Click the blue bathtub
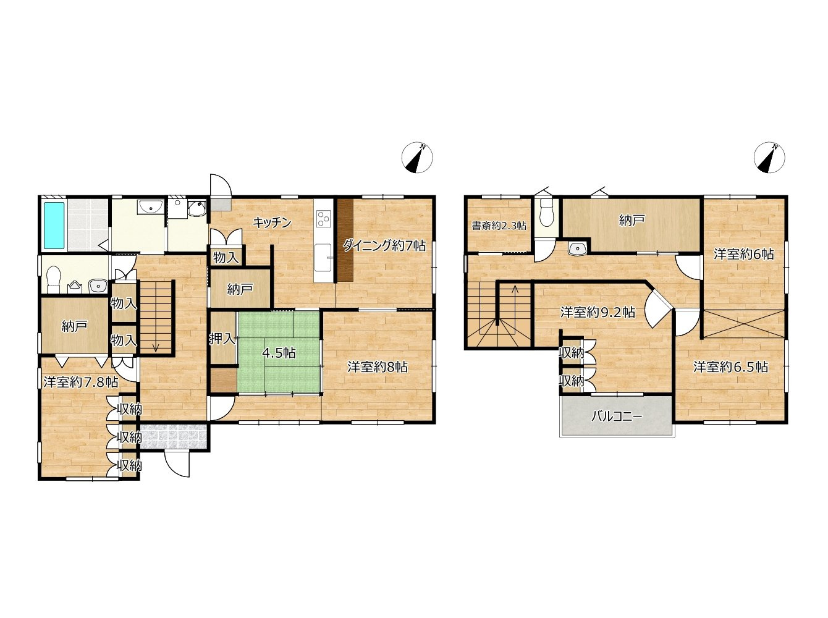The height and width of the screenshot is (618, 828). pos(54,225)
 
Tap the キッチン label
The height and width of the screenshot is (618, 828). pos(272,222)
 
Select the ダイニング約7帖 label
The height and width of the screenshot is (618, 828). pos(384,246)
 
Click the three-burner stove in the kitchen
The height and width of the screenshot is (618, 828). pos(323,218)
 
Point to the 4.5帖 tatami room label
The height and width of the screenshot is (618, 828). pos(279,353)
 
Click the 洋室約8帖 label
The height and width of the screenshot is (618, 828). pos(377,366)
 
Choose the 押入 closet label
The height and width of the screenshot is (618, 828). pos(223,339)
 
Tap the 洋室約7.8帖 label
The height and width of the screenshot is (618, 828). pos(81,382)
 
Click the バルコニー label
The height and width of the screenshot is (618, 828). pos(617,417)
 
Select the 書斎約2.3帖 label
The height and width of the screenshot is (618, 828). pos(499,226)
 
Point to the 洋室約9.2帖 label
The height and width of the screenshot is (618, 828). pos(598,312)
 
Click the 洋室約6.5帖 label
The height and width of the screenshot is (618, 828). pos(730,366)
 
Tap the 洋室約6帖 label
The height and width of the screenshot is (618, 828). pos(744,254)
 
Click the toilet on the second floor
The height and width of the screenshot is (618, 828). pos(546,213)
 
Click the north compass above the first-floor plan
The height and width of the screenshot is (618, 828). pos(417,158)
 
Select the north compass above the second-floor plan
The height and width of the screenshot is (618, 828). pos(769,158)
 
